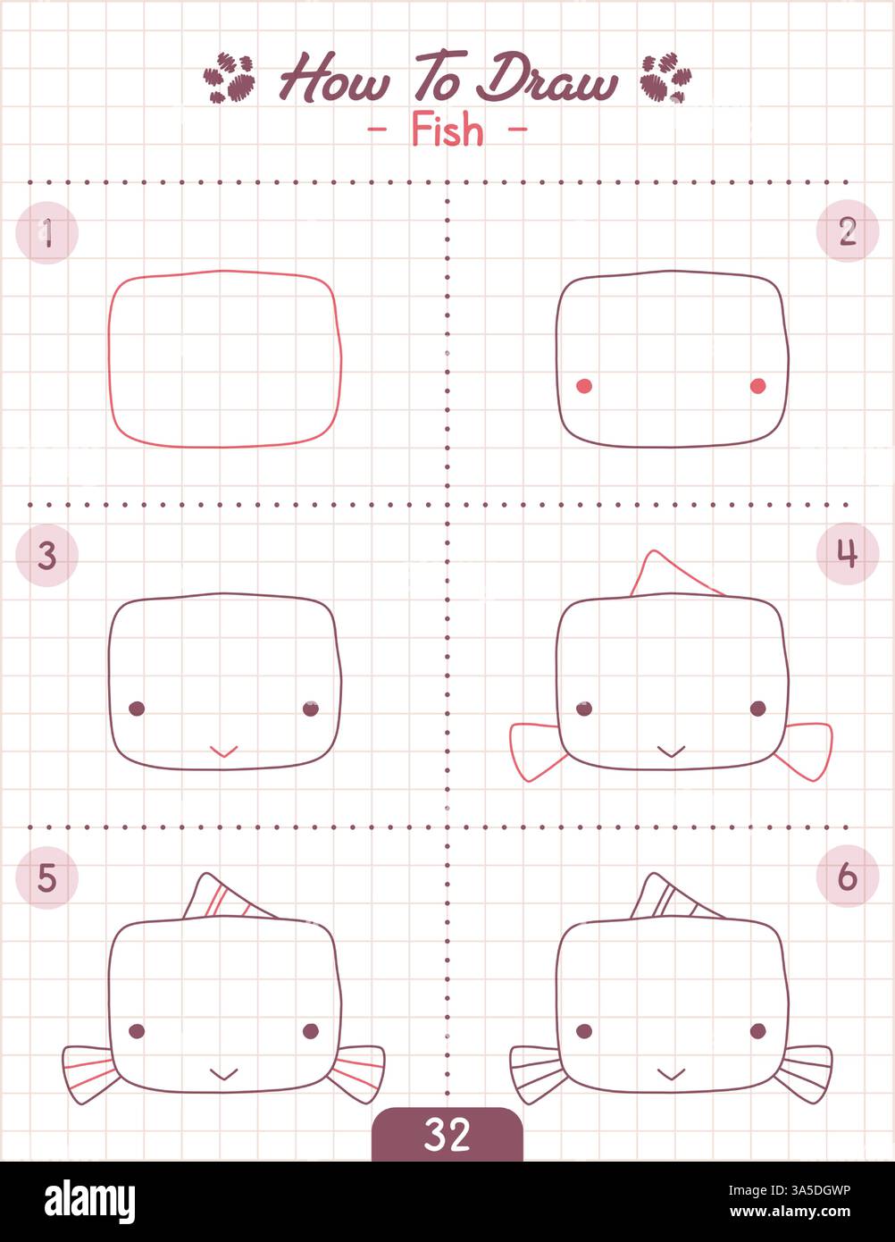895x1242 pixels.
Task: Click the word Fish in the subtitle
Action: (447, 131)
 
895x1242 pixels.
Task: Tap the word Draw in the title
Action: (547, 80)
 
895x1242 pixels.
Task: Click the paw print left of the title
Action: (230, 78)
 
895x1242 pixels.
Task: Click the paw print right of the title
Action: (665, 78)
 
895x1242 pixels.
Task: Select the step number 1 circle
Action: (47, 233)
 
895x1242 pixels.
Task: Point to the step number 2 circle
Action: (848, 231)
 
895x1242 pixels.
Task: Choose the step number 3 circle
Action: (47, 556)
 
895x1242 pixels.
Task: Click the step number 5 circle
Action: (47, 878)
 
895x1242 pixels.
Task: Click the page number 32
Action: (447, 1135)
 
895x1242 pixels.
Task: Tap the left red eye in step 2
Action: (584, 386)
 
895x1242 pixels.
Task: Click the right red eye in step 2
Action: (757, 386)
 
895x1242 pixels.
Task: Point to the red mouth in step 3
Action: (223, 751)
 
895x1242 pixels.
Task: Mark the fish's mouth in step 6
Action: (671, 1073)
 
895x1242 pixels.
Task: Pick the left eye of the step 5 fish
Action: (137, 1031)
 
